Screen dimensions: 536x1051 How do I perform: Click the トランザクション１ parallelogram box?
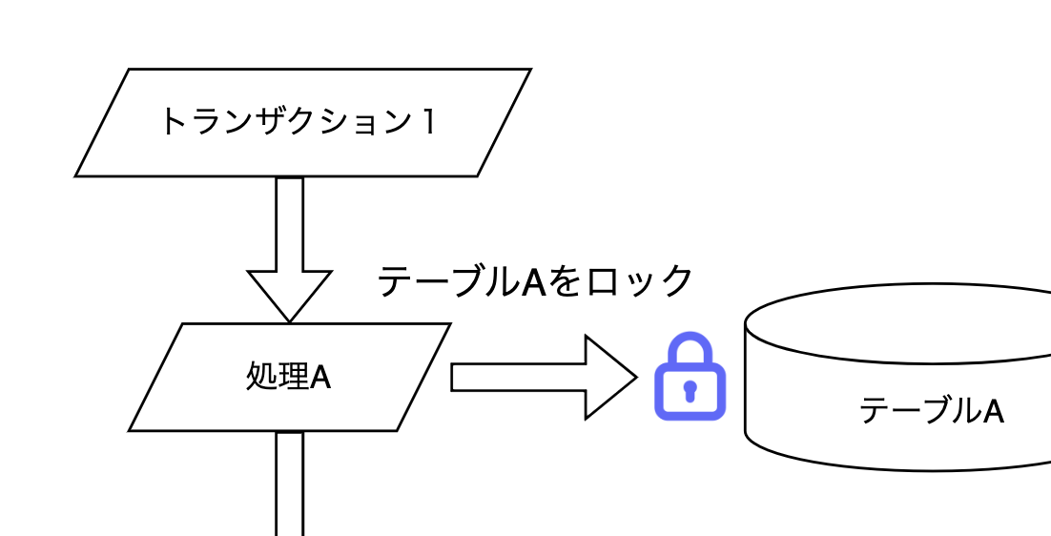pyautogui.click(x=302, y=122)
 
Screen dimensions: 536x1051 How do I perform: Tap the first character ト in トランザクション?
pyautogui.click(x=172, y=122)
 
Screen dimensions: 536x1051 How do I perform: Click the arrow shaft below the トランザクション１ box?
pyautogui.click(x=290, y=224)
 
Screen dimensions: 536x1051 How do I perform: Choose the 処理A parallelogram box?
pyautogui.click(x=289, y=378)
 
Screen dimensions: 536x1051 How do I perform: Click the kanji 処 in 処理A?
pyautogui.click(x=259, y=378)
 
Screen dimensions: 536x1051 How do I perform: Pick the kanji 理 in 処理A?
pyautogui.click(x=290, y=378)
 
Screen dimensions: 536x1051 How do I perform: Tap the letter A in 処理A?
pyautogui.click(x=320, y=378)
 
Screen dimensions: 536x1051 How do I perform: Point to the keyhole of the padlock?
pyautogui.click(x=690, y=390)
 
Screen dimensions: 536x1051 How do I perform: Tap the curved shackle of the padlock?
pyautogui.click(x=690, y=345)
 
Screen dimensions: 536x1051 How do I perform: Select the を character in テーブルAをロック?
pyautogui.click(x=566, y=282)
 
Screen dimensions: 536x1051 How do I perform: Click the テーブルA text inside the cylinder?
pyautogui.click(x=931, y=411)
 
